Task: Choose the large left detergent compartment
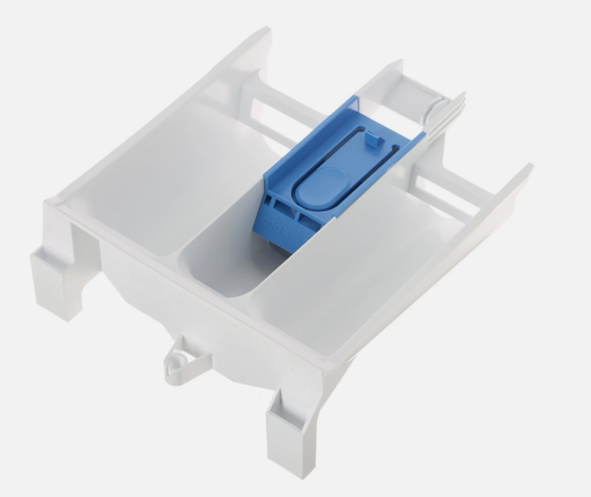pyautogui.click(x=156, y=182)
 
